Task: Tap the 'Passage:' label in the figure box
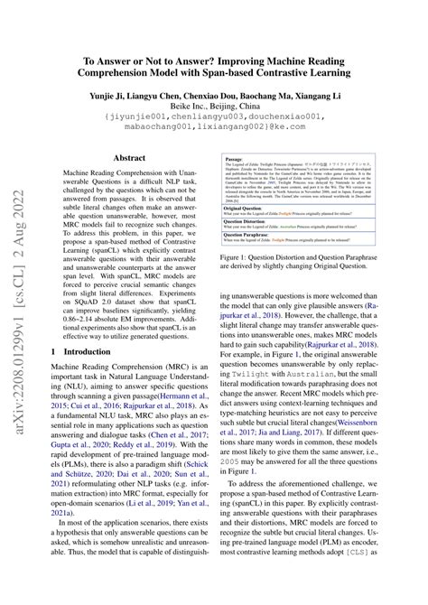(232, 157)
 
